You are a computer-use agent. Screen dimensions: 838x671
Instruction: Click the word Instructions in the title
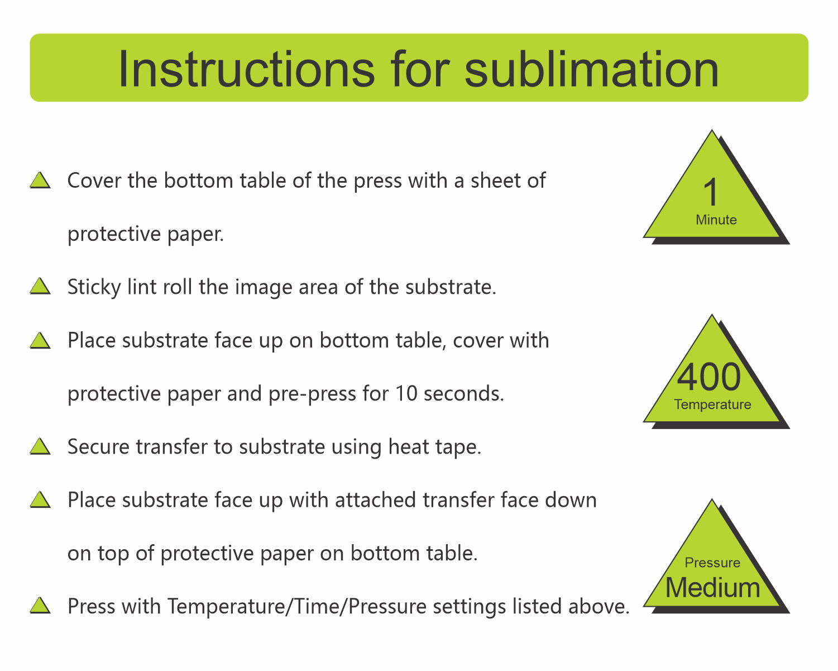(x=247, y=69)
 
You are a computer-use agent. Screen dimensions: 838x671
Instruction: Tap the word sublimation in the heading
(x=591, y=69)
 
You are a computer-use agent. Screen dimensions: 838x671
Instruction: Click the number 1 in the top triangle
(x=711, y=192)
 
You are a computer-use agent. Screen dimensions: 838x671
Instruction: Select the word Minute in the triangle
(x=716, y=220)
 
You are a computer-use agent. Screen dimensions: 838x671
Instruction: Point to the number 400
(x=708, y=377)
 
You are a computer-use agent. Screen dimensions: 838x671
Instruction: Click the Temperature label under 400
(x=712, y=404)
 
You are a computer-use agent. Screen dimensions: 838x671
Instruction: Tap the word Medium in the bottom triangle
(x=712, y=587)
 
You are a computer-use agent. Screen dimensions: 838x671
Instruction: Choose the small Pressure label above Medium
(x=712, y=562)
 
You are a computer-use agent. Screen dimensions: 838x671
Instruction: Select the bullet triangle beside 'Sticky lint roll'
(x=40, y=286)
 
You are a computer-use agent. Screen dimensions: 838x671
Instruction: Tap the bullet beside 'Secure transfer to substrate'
(x=40, y=446)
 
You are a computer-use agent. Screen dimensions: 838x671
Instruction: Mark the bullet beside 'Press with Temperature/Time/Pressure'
(x=40, y=606)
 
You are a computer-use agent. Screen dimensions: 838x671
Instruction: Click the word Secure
(x=98, y=446)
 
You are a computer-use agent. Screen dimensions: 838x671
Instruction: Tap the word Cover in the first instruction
(x=94, y=180)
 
